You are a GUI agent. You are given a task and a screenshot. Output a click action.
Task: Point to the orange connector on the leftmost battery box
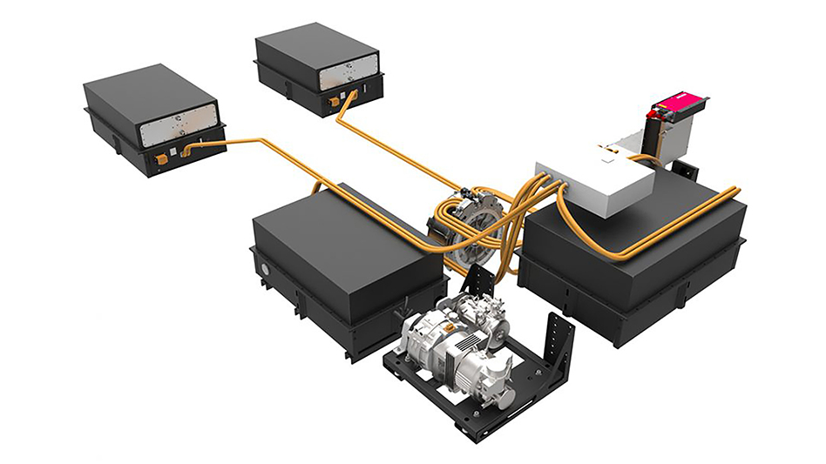coord(161,158)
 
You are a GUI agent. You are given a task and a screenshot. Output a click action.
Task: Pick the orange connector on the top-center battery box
coord(335,101)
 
